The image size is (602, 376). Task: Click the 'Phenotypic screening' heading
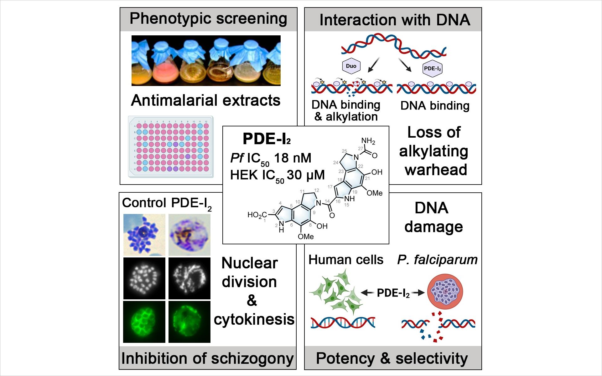coord(208,19)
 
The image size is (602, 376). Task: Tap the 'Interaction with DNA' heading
coord(395,20)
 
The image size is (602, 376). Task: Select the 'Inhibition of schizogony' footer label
coord(207,358)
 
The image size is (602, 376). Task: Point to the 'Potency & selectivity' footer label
coord(392,358)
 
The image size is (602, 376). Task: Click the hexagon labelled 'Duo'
coord(351,66)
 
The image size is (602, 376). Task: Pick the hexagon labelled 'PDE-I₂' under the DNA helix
coord(433,69)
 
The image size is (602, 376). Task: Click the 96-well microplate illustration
coord(171,147)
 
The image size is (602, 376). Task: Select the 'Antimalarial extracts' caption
coord(205,100)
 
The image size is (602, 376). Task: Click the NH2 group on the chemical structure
coord(368,141)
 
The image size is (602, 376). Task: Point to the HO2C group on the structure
coord(257,215)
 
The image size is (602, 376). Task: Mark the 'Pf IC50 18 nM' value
coord(271,159)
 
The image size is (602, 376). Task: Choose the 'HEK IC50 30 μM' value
coord(277,175)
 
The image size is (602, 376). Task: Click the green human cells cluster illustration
coord(335,291)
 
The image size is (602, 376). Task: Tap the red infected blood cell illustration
coord(445,292)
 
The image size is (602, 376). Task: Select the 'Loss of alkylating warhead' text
coord(434,151)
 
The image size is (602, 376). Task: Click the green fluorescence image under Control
coord(144,322)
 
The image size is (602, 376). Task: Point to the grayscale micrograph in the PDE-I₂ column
coord(189,278)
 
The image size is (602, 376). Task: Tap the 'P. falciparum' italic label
coord(437,260)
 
